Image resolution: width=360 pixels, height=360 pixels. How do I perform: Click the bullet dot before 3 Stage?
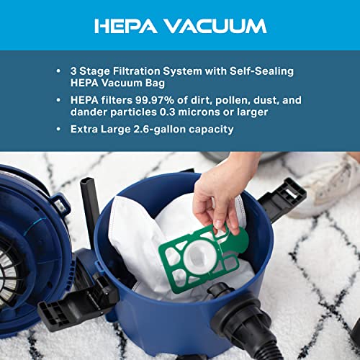[x=58, y=71]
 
